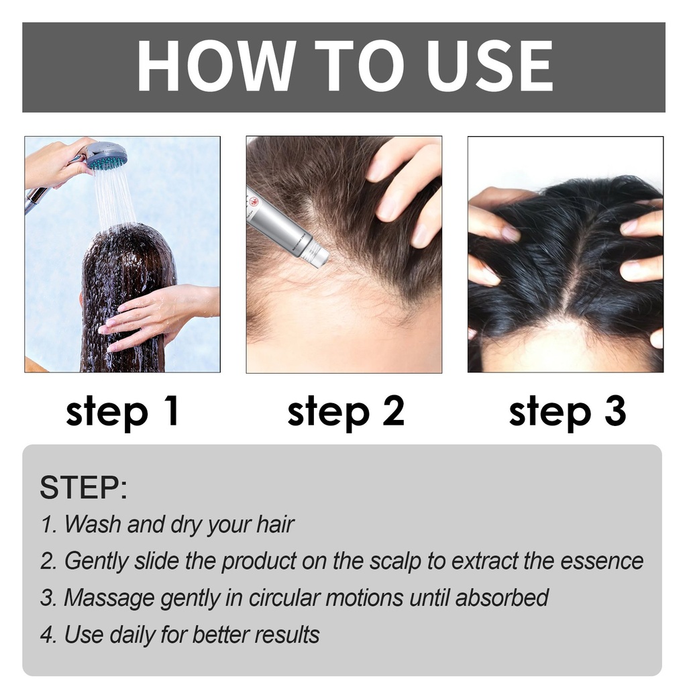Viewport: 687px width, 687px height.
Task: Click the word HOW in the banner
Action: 215,65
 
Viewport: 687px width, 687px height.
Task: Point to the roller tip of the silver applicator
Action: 323,257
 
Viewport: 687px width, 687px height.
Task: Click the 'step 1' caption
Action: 123,412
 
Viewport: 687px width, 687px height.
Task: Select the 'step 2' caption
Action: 346,412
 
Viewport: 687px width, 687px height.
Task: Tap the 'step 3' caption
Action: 568,412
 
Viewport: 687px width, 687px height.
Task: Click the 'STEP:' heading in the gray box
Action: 83,487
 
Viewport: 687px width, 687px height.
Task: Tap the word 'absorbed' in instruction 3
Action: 502,598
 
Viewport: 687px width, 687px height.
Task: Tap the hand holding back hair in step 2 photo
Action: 403,189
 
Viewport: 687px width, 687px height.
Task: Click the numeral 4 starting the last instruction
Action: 48,635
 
